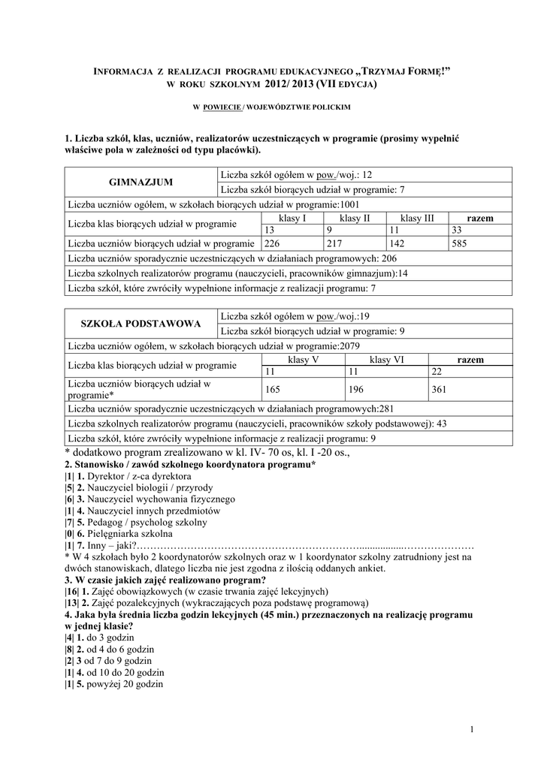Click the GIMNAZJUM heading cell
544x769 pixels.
click(141, 182)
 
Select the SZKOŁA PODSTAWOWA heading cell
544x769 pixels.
click(141, 324)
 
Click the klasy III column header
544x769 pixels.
click(417, 218)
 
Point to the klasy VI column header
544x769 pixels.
click(386, 360)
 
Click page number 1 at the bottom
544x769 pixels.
click(471, 730)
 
